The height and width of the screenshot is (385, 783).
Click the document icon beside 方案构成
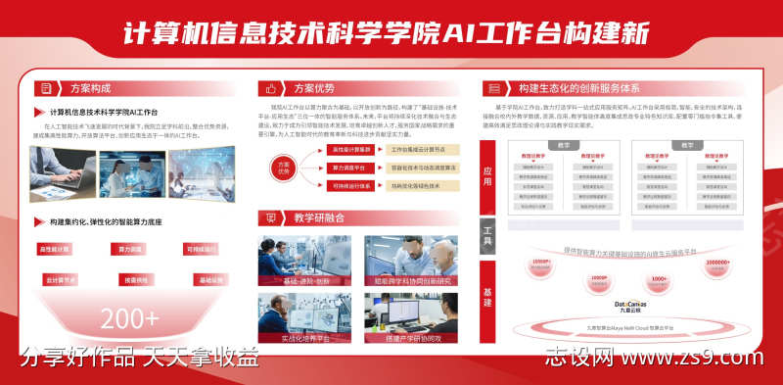point(42,87)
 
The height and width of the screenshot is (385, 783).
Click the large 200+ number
point(129,318)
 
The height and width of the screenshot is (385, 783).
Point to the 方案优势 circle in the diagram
point(285,168)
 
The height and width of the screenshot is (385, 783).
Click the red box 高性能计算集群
point(351,150)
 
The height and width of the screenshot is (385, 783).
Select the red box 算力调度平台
point(351,168)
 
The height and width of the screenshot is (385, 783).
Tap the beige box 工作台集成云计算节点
point(426,150)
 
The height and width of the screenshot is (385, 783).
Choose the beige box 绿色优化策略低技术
point(426,185)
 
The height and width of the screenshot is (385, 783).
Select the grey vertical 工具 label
point(487,235)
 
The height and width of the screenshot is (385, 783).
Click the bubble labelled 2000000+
point(717,265)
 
